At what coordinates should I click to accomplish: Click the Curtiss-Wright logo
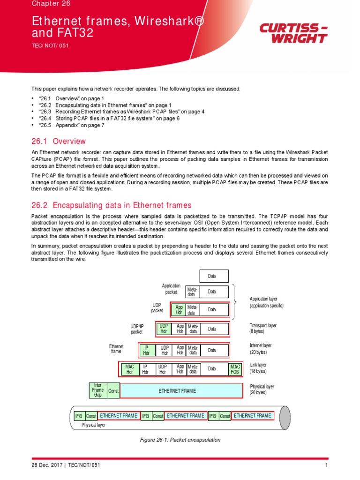coord(293,33)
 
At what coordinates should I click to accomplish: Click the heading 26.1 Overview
coord(59,141)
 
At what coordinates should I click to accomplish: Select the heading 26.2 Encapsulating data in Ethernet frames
coord(112,205)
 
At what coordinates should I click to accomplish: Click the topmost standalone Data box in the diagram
coord(214,276)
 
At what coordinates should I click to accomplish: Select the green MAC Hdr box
coord(129,369)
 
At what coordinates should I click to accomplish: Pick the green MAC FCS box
coord(235,369)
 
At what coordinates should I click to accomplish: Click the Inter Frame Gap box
coord(97,390)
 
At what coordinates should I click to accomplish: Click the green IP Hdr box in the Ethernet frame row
coord(146,350)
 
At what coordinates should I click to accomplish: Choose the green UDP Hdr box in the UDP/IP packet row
coord(164,330)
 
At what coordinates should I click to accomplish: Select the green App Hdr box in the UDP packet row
coord(179,309)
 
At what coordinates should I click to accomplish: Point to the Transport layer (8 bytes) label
coord(263,328)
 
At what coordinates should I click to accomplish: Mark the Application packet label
coord(171,289)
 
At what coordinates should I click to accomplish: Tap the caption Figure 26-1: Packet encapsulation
coord(180,440)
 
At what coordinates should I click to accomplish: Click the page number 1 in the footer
coord(326,465)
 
